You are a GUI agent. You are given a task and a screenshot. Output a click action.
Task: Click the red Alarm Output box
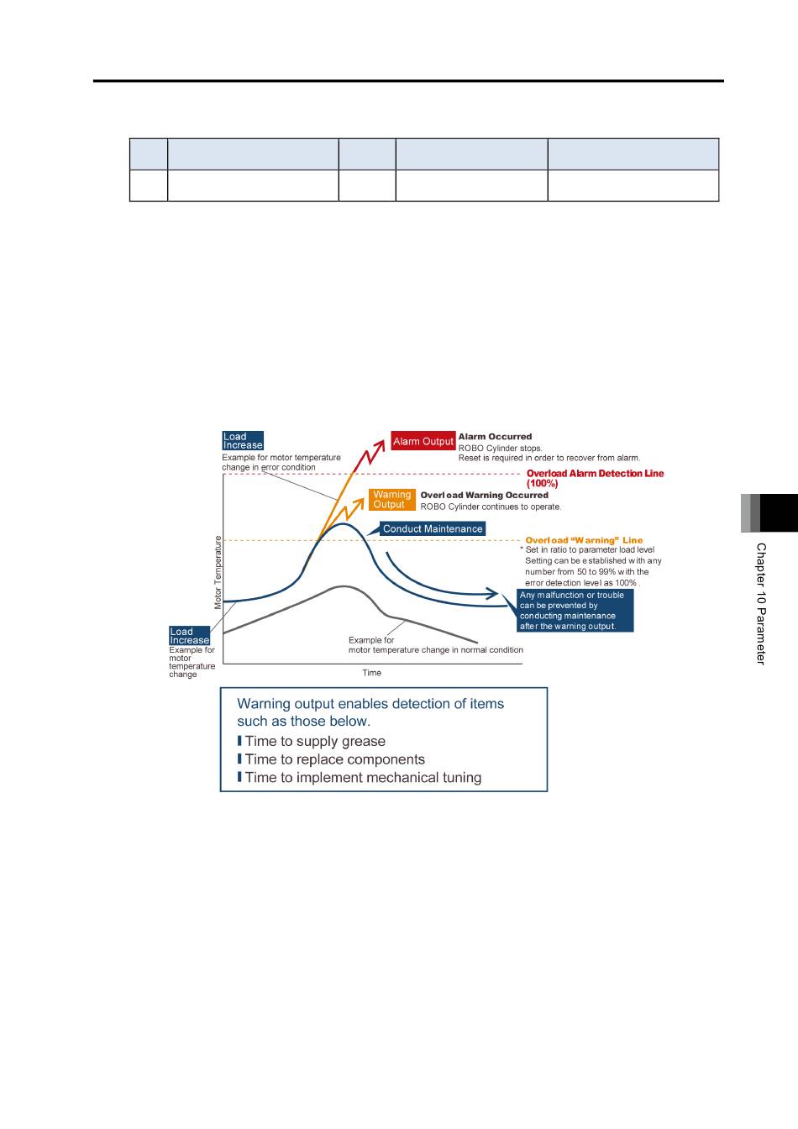423,441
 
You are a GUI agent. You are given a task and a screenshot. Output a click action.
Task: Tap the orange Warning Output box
391,500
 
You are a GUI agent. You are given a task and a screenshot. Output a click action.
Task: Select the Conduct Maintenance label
433,528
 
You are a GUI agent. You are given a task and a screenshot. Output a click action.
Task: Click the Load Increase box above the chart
243,440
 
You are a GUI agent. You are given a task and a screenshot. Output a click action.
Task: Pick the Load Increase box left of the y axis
189,636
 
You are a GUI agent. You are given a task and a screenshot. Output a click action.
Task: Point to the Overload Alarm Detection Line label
595,478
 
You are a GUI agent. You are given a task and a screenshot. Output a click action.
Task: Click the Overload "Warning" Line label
584,540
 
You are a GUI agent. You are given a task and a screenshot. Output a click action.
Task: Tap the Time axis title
371,673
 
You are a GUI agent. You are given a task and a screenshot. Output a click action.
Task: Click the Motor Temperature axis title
218,573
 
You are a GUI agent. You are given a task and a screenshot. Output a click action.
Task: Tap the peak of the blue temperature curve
343,524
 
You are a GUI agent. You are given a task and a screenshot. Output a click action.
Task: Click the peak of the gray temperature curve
344,586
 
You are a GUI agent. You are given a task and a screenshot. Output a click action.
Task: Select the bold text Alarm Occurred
495,437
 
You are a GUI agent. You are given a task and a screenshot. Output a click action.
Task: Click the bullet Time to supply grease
311,741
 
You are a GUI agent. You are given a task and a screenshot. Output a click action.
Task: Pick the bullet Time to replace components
331,759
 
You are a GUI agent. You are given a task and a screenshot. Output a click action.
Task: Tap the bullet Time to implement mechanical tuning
359,778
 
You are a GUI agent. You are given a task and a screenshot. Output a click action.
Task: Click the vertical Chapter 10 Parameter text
761,604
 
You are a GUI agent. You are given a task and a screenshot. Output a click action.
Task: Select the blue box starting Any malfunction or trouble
575,611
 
